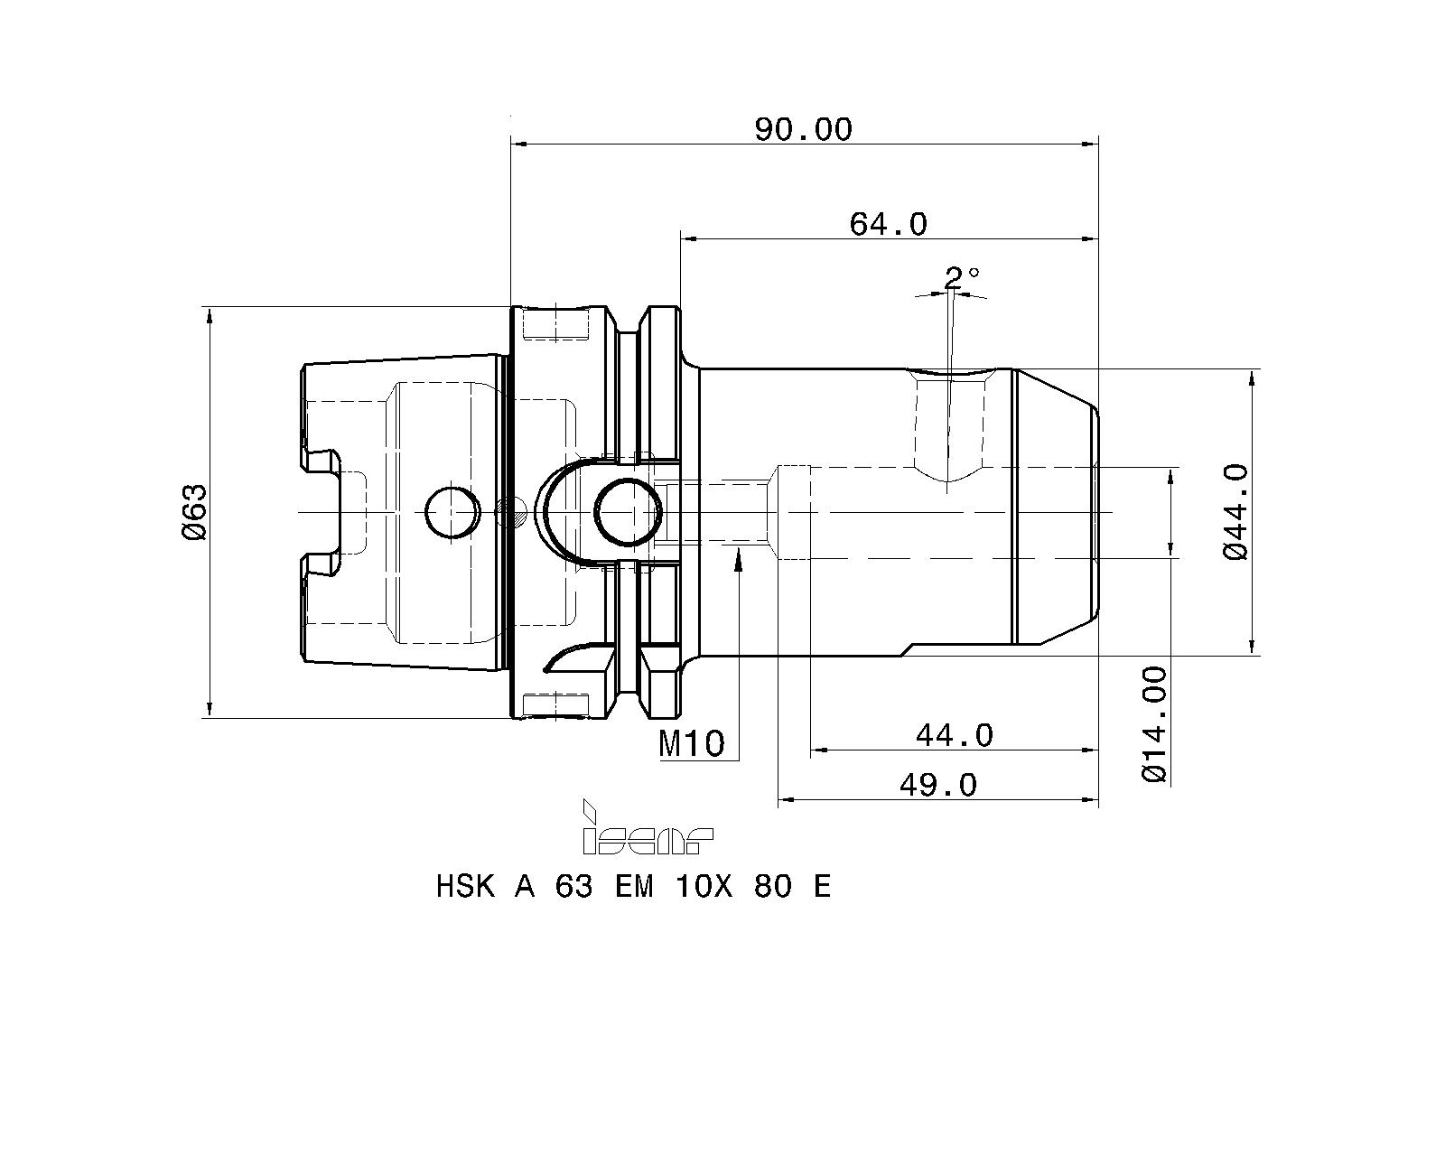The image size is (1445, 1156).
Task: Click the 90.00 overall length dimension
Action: (x=803, y=130)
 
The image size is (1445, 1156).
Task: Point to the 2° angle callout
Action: (x=961, y=276)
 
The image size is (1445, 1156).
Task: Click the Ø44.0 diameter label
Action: (x=1235, y=512)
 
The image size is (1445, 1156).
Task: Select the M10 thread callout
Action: (x=692, y=744)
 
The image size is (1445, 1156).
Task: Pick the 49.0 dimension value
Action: (x=937, y=785)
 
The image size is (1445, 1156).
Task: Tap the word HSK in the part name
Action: (x=465, y=886)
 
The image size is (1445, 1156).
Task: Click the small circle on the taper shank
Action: (x=452, y=512)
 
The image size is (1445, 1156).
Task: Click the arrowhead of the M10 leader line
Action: (x=739, y=561)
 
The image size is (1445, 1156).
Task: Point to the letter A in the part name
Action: (x=525, y=886)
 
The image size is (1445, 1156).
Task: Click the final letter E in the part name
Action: (x=821, y=886)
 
